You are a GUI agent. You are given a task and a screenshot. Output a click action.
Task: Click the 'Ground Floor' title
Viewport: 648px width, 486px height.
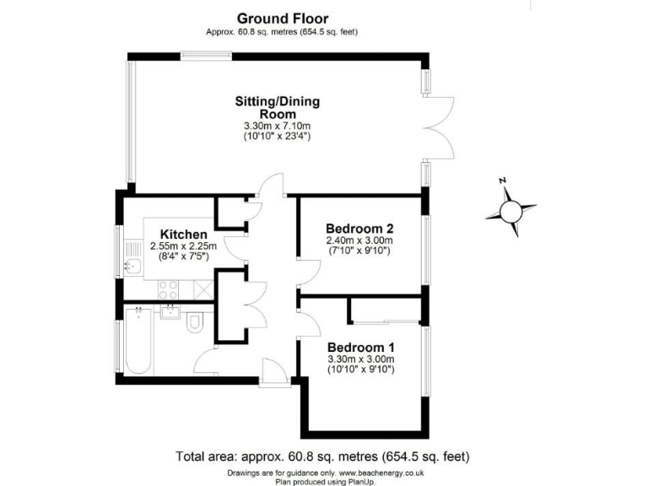click(x=283, y=18)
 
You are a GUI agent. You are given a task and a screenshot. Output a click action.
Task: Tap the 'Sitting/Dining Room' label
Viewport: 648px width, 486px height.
click(x=278, y=108)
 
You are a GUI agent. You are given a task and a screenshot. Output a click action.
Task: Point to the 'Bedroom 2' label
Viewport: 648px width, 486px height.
click(x=360, y=228)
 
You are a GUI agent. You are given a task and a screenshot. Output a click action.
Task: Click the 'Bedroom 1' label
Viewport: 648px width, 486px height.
click(x=361, y=348)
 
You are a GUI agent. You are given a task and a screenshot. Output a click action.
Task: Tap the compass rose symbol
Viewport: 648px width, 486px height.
click(x=511, y=210)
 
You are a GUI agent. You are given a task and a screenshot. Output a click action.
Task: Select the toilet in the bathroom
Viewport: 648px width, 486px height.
click(x=195, y=323)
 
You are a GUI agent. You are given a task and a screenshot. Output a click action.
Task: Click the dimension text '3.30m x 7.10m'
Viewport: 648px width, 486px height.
click(x=278, y=127)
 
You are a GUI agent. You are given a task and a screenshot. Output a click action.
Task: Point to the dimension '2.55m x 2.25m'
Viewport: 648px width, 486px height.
click(x=184, y=246)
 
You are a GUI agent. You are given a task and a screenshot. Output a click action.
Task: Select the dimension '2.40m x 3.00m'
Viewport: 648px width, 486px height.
click(x=360, y=240)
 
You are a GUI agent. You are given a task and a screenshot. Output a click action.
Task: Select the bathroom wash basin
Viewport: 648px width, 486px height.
click(x=170, y=315)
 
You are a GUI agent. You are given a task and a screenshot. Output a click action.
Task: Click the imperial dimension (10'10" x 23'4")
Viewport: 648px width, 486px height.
click(x=278, y=136)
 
